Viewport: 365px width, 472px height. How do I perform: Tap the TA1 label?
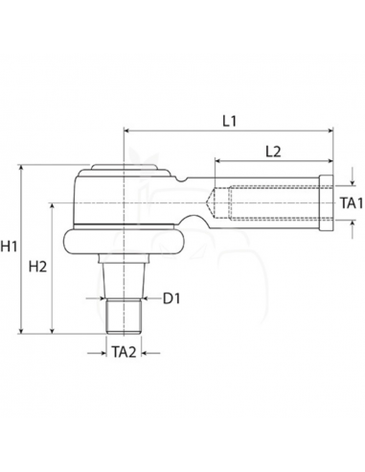coord(351,203)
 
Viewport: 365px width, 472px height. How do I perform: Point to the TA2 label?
coord(123,352)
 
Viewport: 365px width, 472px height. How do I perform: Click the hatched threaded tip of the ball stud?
coord(123,314)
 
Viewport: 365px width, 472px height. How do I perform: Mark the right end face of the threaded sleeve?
coord(329,203)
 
